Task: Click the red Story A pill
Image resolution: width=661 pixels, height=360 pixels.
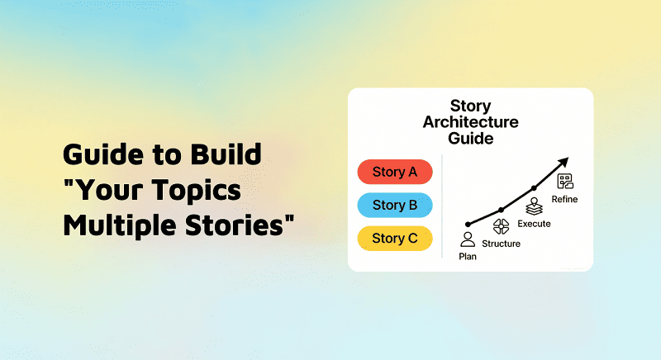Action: [394, 172]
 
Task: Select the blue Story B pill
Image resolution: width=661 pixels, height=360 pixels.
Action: [394, 205]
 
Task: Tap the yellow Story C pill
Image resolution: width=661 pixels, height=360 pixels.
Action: [394, 238]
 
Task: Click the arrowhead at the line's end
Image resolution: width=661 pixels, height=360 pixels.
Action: [564, 162]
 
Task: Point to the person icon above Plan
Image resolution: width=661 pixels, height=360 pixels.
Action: [468, 239]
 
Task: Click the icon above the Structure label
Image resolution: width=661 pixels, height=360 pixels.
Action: [501, 227]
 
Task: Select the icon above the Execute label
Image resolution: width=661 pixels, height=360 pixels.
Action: [534, 206]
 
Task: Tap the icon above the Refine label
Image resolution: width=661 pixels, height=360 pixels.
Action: [565, 181]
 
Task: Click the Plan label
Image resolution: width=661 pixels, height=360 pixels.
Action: [468, 256]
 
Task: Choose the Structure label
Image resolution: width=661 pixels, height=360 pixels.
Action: [501, 244]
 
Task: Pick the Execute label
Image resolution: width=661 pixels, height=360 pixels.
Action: [534, 224]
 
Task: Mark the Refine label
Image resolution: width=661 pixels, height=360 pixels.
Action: [566, 199]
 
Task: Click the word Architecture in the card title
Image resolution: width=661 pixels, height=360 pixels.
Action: [470, 122]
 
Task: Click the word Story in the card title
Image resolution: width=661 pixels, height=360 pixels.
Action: [470, 107]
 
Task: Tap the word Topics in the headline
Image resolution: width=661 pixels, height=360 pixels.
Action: [197, 190]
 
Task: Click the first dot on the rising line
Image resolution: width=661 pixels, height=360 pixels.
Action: [468, 223]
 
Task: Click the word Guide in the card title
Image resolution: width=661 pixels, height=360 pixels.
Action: [470, 138]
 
